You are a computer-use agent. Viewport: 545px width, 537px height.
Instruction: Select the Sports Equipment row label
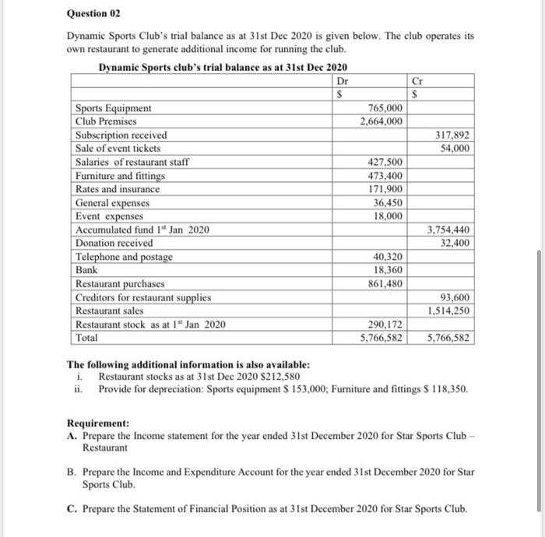(113, 108)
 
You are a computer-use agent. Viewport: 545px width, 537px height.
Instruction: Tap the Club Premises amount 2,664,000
(381, 121)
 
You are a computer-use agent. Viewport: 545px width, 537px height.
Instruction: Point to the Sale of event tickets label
(118, 149)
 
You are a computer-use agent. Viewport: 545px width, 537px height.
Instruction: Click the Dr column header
(341, 80)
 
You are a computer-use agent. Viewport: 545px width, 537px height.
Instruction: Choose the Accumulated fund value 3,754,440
(448, 230)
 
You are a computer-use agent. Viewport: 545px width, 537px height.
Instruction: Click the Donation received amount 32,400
(455, 244)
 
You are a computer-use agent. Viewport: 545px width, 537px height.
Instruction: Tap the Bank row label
(86, 270)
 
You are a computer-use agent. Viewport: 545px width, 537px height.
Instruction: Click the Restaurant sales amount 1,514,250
(448, 311)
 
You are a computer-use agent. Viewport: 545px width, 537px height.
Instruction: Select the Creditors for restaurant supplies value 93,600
(455, 298)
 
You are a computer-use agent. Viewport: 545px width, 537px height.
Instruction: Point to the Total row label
(87, 338)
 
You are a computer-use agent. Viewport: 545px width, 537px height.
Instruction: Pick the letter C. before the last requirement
(72, 509)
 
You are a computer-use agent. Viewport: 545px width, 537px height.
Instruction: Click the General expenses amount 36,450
(388, 202)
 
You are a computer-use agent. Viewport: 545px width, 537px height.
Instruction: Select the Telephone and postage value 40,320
(388, 257)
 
